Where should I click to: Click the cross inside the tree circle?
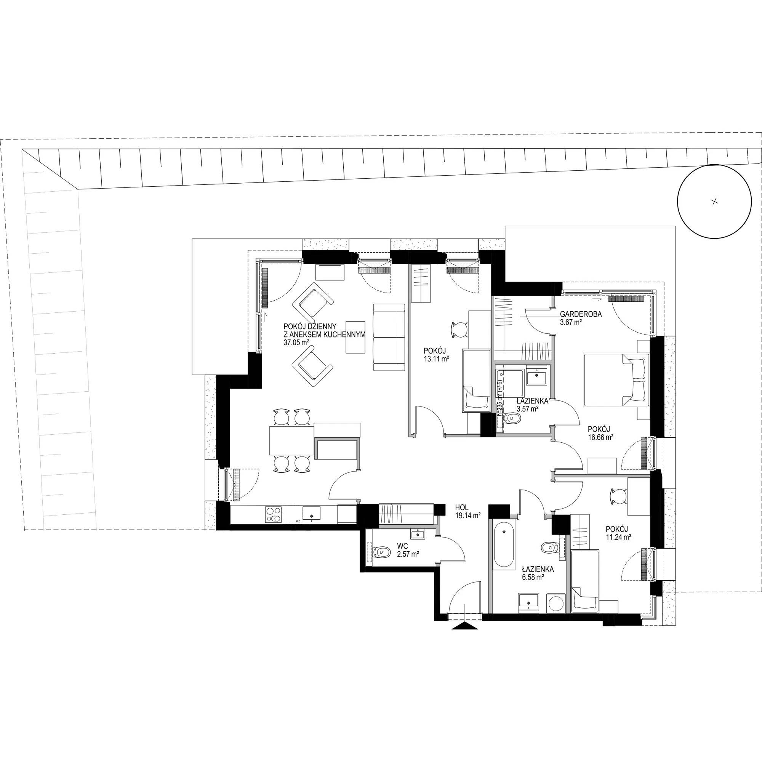pyautogui.click(x=714, y=202)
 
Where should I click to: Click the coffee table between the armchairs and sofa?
pyautogui.click(x=357, y=336)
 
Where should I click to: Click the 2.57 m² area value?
pyautogui.click(x=408, y=554)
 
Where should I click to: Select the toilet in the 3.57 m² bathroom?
pyautogui.click(x=513, y=418)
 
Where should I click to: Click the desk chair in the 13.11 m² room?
pyautogui.click(x=459, y=329)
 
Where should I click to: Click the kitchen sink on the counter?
pyautogui.click(x=312, y=514)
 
